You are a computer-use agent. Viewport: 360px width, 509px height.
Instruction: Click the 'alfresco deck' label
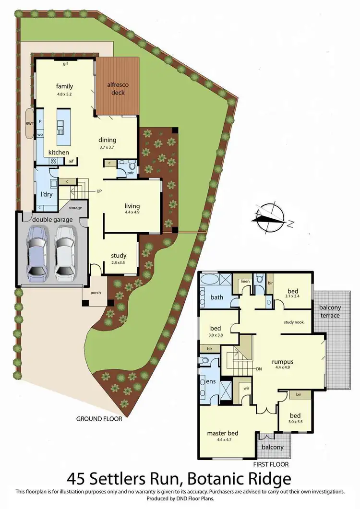click(x=115, y=89)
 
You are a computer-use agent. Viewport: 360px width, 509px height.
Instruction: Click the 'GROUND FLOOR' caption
click(x=99, y=418)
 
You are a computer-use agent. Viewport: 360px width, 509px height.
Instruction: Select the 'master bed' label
click(x=223, y=433)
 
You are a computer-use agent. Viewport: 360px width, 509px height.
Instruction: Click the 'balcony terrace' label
click(x=330, y=311)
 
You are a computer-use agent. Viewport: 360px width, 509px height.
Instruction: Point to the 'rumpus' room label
click(x=282, y=361)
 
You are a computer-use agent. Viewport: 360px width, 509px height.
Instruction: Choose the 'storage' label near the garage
click(x=75, y=208)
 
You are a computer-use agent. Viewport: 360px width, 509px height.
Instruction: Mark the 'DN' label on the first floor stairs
click(x=259, y=369)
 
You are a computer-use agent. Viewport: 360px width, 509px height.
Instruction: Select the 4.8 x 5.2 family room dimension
click(x=64, y=94)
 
